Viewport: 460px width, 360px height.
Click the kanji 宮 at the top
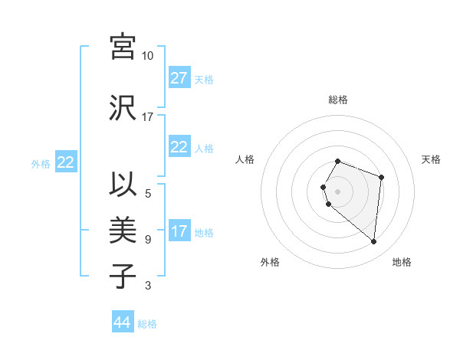[123, 47]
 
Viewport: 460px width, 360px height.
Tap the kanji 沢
[123, 107]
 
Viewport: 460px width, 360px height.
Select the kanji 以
[123, 185]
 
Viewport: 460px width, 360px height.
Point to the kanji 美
[123, 229]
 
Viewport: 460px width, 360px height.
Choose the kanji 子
[123, 275]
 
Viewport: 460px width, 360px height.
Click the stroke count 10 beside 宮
[148, 56]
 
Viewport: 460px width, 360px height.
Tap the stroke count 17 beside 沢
[148, 116]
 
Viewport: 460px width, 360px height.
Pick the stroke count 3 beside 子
[148, 286]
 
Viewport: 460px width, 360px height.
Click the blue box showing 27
[179, 78]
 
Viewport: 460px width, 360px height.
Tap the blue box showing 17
[179, 231]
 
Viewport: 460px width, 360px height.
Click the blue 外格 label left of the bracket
[41, 163]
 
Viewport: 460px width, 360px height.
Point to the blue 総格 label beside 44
[147, 324]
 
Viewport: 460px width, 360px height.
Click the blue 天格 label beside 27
[204, 79]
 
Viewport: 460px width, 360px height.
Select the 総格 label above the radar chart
[338, 100]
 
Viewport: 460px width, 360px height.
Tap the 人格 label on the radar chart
[245, 159]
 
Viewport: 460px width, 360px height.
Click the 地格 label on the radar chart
[402, 262]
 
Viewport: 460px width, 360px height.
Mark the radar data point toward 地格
[373, 242]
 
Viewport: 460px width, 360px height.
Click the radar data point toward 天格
[381, 178]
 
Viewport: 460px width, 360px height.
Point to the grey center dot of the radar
[338, 191]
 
